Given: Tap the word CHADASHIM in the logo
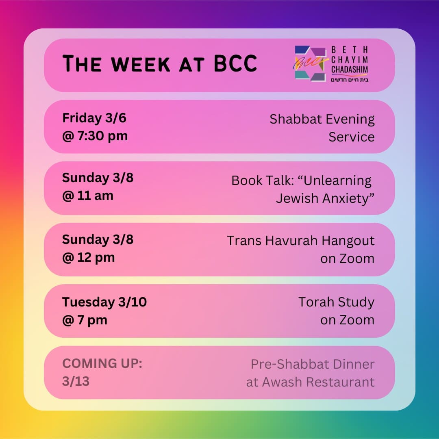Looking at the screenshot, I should click(349, 70).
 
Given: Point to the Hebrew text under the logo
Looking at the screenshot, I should click(349, 80).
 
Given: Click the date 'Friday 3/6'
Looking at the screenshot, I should click(94, 118).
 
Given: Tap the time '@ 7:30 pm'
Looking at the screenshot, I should click(95, 136).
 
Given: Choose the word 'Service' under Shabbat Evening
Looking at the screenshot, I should click(352, 137).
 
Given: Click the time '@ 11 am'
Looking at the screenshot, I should click(88, 196).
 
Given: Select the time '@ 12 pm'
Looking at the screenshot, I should click(88, 257).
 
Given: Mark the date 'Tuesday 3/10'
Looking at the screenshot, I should click(104, 302).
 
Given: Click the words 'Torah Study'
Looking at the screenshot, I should click(336, 302).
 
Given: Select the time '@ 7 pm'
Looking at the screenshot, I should click(85, 320).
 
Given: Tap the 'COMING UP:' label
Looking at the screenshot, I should click(102, 364).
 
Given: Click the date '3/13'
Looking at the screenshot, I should click(76, 382).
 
